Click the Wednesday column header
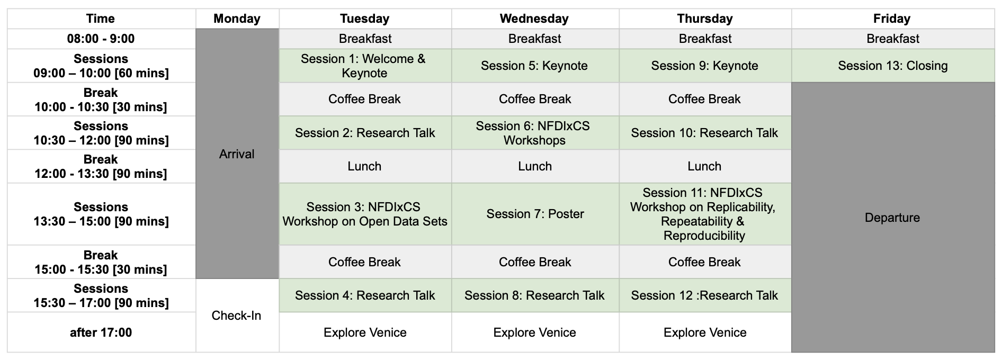535,19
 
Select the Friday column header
893,19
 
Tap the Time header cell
101,19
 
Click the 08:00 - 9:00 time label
101,39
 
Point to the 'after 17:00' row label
101,332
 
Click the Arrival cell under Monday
237,154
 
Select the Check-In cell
237,316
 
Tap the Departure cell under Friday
893,217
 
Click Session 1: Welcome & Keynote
365,66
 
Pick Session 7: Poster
535,214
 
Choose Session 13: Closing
893,66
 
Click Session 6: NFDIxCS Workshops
535,133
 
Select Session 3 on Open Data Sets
365,214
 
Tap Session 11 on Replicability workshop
705,214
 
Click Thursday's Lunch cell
705,166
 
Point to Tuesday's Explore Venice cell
365,332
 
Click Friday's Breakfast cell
893,39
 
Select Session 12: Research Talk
705,295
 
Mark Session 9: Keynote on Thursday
705,66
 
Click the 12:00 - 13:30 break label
101,166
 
